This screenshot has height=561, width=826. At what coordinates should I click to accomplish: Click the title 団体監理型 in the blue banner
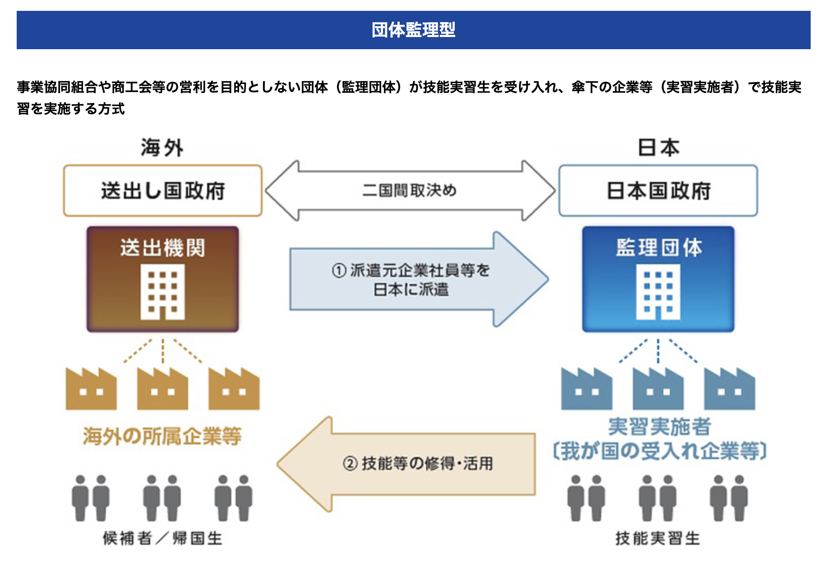tap(413, 30)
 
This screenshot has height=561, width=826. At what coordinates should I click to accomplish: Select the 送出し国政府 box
tap(163, 190)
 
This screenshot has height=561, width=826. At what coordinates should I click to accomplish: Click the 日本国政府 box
tap(658, 190)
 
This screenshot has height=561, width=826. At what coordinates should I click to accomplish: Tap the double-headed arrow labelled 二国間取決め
tap(411, 190)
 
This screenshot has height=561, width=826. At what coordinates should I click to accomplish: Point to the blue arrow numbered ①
tap(419, 279)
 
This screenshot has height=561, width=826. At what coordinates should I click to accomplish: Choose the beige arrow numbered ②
tap(406, 464)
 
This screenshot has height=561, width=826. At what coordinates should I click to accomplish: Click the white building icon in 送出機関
tap(162, 292)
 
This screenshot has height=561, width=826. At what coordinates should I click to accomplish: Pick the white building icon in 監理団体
tap(658, 292)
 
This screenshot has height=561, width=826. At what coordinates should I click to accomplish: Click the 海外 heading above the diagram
tap(162, 148)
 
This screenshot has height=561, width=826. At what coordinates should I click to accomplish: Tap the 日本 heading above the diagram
tap(658, 148)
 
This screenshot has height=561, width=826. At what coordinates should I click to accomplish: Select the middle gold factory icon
tap(162, 389)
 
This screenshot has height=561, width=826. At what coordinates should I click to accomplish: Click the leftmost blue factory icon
tap(586, 389)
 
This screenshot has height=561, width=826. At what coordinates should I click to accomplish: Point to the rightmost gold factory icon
tap(234, 389)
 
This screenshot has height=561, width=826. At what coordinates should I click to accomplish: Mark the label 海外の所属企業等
tap(162, 436)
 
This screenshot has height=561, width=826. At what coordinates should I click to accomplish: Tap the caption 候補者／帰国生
tap(162, 538)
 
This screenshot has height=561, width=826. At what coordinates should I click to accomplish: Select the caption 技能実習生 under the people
tap(658, 538)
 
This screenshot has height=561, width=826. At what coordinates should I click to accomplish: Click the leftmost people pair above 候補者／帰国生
tap(91, 498)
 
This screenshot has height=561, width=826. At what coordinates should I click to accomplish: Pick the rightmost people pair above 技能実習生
tap(729, 498)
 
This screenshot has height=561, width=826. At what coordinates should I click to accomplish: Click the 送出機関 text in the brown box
tap(162, 248)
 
